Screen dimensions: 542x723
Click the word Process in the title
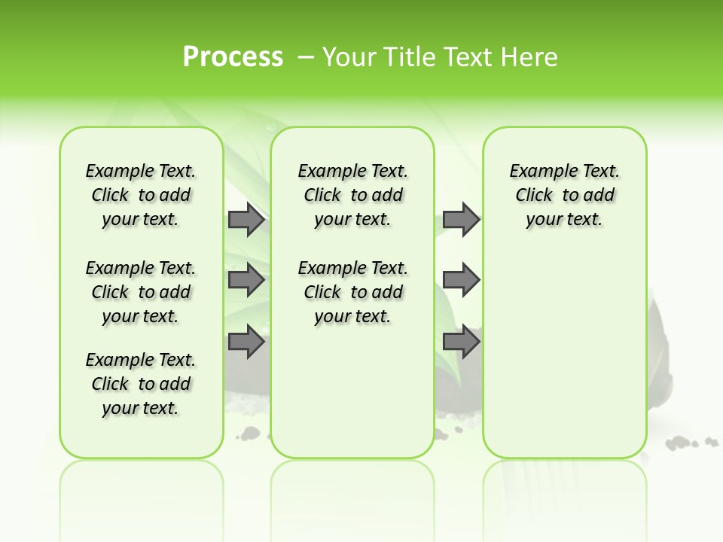pos(233,56)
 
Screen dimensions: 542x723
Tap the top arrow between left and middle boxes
pos(246,220)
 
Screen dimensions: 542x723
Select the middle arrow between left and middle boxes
pos(246,281)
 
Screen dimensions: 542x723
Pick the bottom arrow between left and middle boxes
pos(246,343)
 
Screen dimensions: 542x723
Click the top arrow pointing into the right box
pos(461,220)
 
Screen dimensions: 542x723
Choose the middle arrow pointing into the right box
pos(461,281)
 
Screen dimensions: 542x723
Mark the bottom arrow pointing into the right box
pos(461,343)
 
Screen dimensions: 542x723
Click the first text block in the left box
pos(141,195)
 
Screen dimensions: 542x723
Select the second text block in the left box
pos(141,292)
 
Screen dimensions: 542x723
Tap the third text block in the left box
pos(141,384)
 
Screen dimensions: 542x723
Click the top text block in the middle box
pos(352,195)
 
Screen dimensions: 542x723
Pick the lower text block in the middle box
pos(352,292)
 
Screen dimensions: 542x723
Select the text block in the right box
pos(564,195)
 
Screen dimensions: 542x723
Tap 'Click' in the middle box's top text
pos(322,196)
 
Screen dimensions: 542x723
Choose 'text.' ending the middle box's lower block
pos(371,317)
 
